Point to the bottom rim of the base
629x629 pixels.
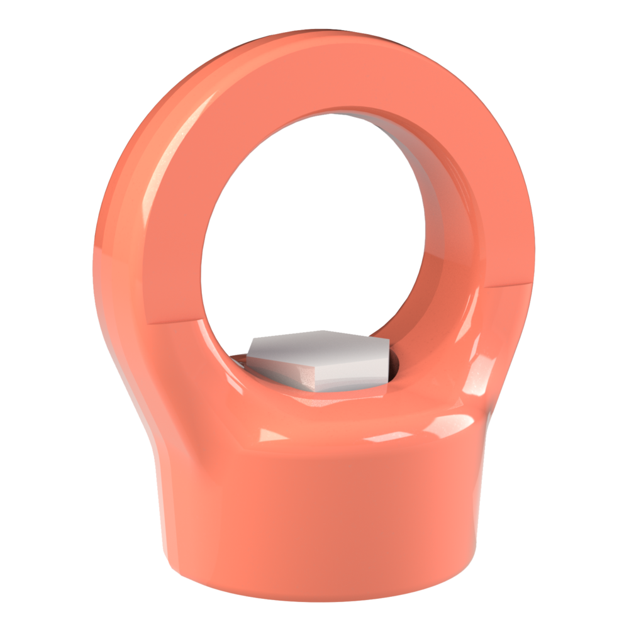[x=314, y=594]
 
